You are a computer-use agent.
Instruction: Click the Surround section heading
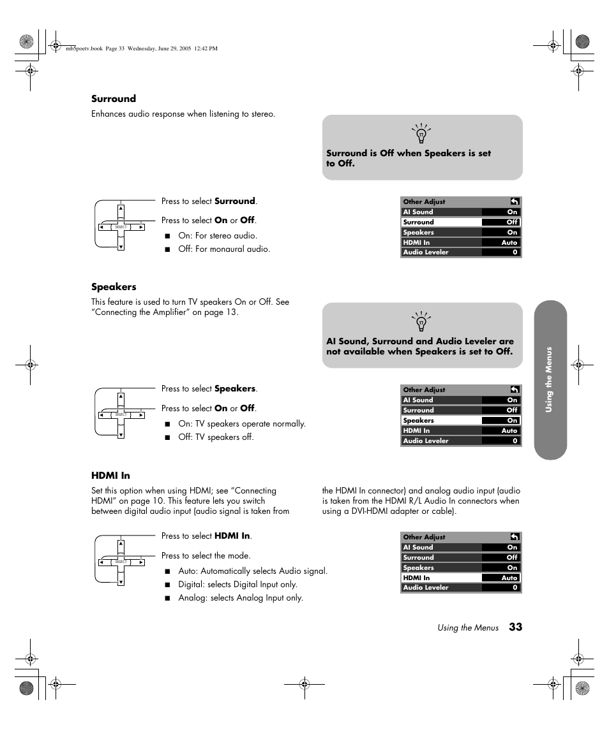[114, 99]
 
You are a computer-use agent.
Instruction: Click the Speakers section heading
[114, 287]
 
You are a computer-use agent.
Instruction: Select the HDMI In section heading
[110, 476]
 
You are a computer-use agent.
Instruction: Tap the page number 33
[516, 627]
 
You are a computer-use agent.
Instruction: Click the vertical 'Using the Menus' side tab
[550, 380]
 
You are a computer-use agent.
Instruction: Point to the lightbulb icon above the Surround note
[421, 134]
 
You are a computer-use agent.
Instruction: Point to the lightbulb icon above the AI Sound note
[421, 322]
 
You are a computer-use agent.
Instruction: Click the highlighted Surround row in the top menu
[460, 223]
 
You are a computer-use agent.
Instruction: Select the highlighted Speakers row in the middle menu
[460, 421]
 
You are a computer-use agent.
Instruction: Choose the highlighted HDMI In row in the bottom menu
[460, 578]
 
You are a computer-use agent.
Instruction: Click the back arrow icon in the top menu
[514, 201]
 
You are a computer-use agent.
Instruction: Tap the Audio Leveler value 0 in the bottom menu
[515, 588]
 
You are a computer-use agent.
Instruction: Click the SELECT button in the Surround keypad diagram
[121, 227]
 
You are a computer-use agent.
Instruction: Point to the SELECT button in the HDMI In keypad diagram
[121, 562]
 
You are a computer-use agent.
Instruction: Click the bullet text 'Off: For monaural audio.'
[224, 249]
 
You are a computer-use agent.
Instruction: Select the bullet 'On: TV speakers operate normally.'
[241, 424]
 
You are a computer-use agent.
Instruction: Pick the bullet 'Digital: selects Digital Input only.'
[237, 585]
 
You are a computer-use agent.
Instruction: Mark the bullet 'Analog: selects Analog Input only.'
[240, 598]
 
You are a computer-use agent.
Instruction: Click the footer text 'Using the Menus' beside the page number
[468, 628]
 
